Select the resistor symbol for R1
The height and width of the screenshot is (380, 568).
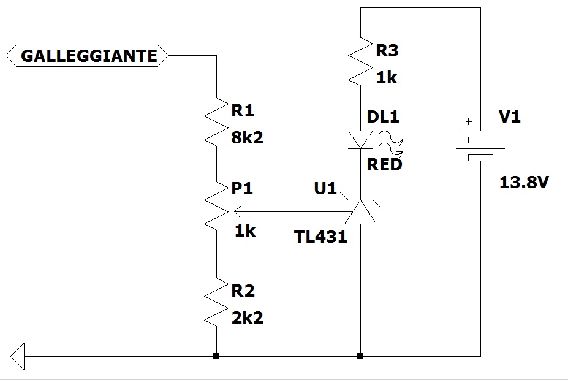click(x=216, y=123)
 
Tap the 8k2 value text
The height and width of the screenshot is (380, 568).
click(x=247, y=137)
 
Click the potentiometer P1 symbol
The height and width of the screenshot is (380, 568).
click(x=216, y=207)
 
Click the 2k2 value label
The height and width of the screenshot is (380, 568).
click(x=247, y=317)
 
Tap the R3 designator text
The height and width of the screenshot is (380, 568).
click(x=387, y=50)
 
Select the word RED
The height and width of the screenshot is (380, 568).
click(x=384, y=164)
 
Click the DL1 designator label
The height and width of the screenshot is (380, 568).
click(x=384, y=116)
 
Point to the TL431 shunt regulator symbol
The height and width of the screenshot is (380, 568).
click(x=360, y=212)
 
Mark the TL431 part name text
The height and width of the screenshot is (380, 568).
click(x=320, y=237)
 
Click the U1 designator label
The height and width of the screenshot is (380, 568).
click(x=325, y=189)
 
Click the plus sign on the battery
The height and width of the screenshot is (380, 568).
click(x=469, y=122)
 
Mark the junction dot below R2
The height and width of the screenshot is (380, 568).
click(x=216, y=355)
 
